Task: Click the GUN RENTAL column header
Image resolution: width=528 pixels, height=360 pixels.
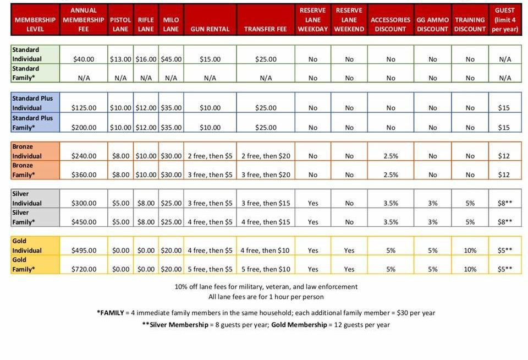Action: pyautogui.click(x=211, y=29)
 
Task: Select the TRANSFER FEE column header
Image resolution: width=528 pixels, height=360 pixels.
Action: pyautogui.click(x=266, y=29)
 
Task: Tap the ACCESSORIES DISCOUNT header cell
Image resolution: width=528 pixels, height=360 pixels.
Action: pyautogui.click(x=391, y=24)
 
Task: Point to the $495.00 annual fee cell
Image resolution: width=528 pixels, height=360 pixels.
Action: pyautogui.click(x=84, y=250)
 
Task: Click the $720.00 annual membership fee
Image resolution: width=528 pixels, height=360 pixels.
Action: pyautogui.click(x=84, y=269)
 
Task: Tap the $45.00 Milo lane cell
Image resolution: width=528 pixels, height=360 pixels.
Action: pyautogui.click(x=171, y=59)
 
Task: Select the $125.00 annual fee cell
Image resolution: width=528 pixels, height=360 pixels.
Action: pyautogui.click(x=84, y=108)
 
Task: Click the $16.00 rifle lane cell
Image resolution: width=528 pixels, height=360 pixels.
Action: pyautogui.click(x=146, y=59)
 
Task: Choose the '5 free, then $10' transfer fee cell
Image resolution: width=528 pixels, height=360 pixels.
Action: pyautogui.click(x=266, y=269)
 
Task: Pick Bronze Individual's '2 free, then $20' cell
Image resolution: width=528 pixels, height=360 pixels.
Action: pyautogui.click(x=266, y=156)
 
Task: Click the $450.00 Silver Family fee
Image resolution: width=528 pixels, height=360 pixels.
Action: pyautogui.click(x=84, y=222)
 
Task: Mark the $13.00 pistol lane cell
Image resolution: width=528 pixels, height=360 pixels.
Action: pyautogui.click(x=120, y=59)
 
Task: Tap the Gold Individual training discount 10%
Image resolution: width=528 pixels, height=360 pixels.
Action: pyautogui.click(x=470, y=250)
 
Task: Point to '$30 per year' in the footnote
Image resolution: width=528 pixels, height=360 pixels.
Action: pyautogui.click(x=415, y=313)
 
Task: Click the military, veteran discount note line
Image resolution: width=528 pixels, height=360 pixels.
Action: pyautogui.click(x=266, y=286)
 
